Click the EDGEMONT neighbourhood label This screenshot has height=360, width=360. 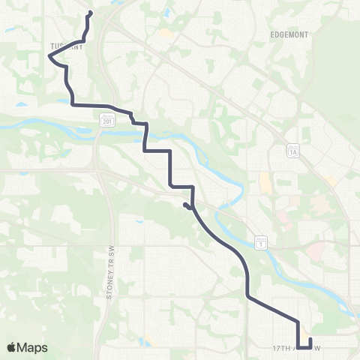click(x=288, y=34)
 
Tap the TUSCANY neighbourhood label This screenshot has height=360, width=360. click(x=66, y=46)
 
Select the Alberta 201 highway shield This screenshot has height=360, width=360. click(x=106, y=118)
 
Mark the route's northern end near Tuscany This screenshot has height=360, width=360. click(x=91, y=12)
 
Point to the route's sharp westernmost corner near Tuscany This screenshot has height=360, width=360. click(x=52, y=62)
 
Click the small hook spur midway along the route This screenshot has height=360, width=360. click(x=184, y=204)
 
